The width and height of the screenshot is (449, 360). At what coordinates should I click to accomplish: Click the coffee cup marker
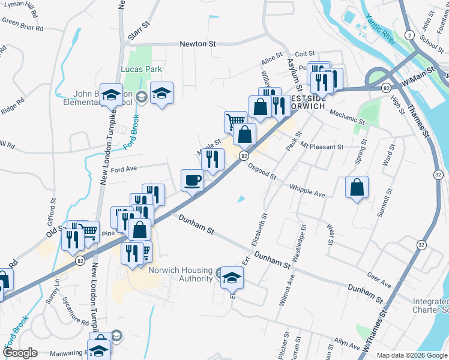click(x=193, y=180)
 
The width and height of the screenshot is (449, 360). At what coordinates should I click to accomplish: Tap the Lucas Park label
click(x=141, y=70)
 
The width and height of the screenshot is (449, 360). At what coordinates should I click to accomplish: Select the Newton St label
click(x=197, y=44)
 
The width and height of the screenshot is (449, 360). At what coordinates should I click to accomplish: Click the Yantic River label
click(x=381, y=30)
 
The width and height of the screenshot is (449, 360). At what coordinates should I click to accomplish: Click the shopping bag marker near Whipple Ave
click(x=357, y=187)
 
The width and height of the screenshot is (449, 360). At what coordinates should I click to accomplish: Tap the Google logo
click(x=20, y=352)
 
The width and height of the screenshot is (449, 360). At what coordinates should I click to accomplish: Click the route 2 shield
click(x=408, y=35)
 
